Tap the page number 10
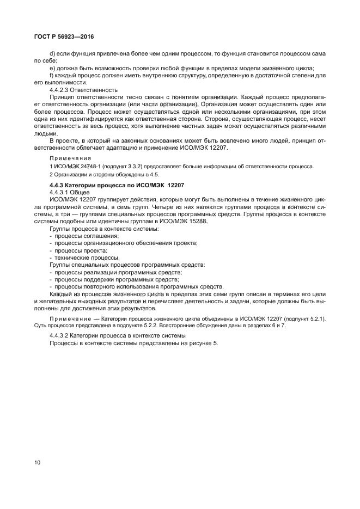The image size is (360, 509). pyautogui.click(x=37, y=463)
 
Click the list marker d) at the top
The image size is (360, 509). pyautogui.click(x=52, y=54)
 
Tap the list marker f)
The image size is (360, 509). pyautogui.click(x=51, y=75)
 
